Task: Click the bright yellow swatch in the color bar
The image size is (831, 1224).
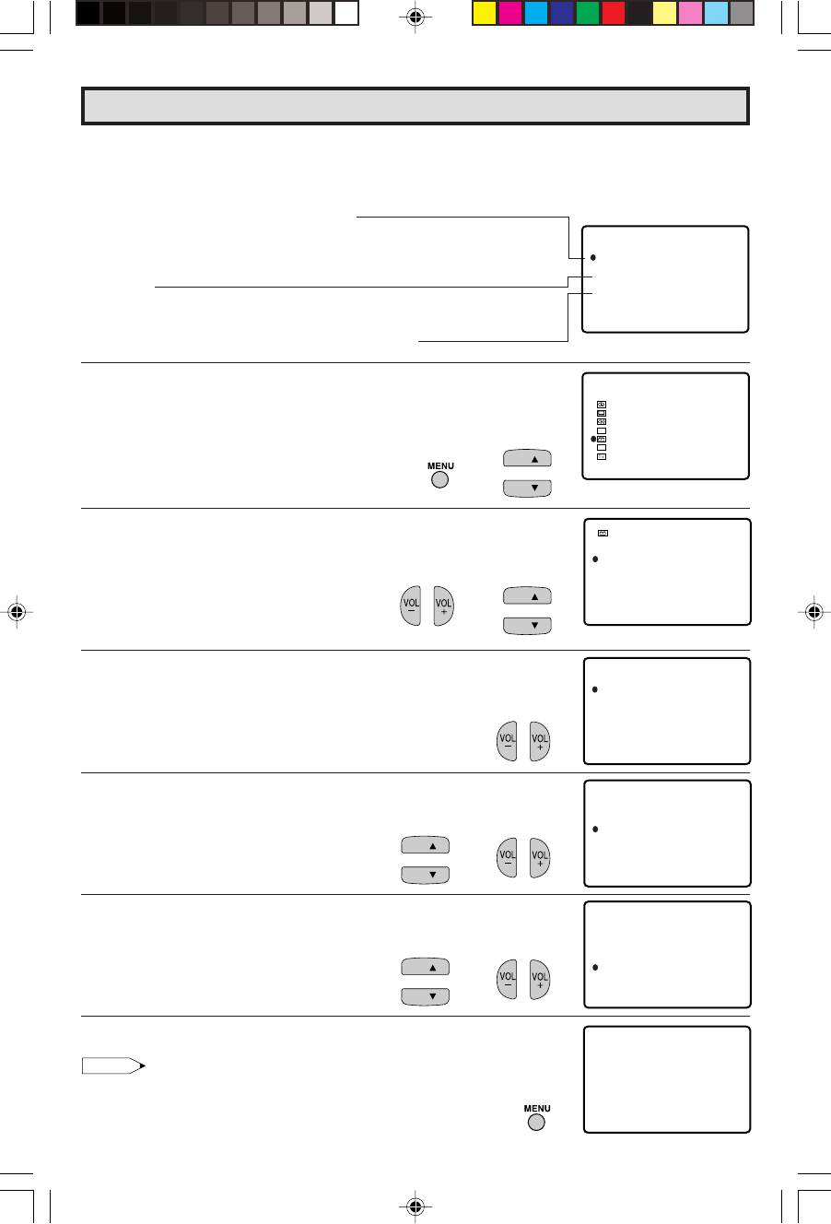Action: pyautogui.click(x=485, y=14)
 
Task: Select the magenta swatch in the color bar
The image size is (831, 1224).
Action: pyautogui.click(x=510, y=14)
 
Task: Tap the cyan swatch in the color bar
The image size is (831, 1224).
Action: pyautogui.click(x=536, y=14)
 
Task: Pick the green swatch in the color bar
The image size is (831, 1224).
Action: pyautogui.click(x=588, y=14)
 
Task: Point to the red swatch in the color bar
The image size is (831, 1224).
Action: pyautogui.click(x=614, y=14)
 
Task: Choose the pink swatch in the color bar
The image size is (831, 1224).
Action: pyautogui.click(x=691, y=14)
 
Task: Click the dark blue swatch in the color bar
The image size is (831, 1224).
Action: pyautogui.click(x=562, y=14)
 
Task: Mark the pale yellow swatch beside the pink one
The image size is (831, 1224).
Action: pyautogui.click(x=665, y=14)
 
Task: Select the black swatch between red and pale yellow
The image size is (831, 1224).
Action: pyautogui.click(x=639, y=14)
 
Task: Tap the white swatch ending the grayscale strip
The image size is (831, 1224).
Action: pyautogui.click(x=346, y=14)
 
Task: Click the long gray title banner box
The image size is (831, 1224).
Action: pyautogui.click(x=415, y=106)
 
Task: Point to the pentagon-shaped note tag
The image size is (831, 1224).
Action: pyautogui.click(x=113, y=1065)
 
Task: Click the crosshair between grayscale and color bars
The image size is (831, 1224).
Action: pyautogui.click(x=415, y=18)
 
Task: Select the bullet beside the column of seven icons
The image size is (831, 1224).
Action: pyautogui.click(x=593, y=439)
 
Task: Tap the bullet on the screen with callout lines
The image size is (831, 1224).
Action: pyautogui.click(x=593, y=257)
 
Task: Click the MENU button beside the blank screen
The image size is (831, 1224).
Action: pyautogui.click(x=536, y=1123)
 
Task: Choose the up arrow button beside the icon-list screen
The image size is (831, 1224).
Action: pyautogui.click(x=527, y=458)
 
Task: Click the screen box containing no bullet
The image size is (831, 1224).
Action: pyautogui.click(x=667, y=1079)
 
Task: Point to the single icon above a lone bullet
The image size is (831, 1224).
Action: pyautogui.click(x=603, y=534)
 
